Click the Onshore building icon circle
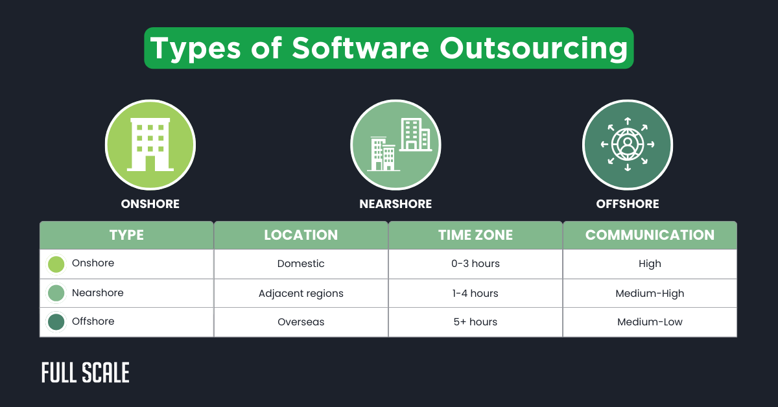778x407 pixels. pos(150,145)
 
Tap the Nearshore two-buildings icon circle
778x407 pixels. pos(395,145)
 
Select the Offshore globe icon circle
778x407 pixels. pos(627,145)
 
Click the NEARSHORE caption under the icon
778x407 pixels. pos(395,204)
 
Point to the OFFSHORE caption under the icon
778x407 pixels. pos(627,204)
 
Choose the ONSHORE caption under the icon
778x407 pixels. pos(150,204)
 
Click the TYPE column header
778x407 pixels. pos(126,235)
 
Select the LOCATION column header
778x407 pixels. pos(301,235)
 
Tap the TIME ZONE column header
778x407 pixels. pos(475,235)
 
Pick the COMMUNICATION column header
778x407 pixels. pos(650,235)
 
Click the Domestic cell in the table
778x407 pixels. pos(301,264)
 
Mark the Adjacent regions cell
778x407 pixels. pos(301,293)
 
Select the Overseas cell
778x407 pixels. pos(301,322)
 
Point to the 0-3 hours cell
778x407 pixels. pos(475,264)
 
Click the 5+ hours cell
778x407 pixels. pos(475,322)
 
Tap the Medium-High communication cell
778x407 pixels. pos(650,293)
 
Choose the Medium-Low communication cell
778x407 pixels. pos(650,322)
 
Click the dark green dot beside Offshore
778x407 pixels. pos(56,322)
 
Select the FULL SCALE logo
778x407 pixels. pos(86,373)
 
